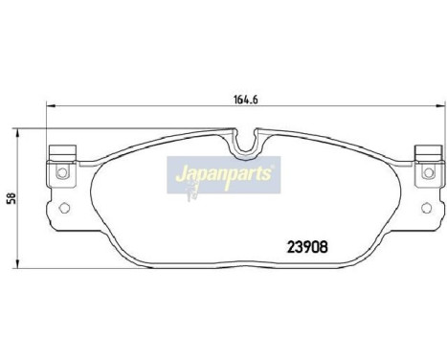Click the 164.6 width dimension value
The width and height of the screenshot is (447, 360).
pyautogui.click(x=239, y=95)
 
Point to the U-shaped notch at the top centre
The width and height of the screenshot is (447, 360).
pyautogui.click(x=245, y=144)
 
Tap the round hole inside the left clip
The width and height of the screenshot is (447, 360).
pyautogui.click(x=60, y=173)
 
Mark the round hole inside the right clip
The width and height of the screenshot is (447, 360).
pyautogui.click(x=424, y=173)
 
